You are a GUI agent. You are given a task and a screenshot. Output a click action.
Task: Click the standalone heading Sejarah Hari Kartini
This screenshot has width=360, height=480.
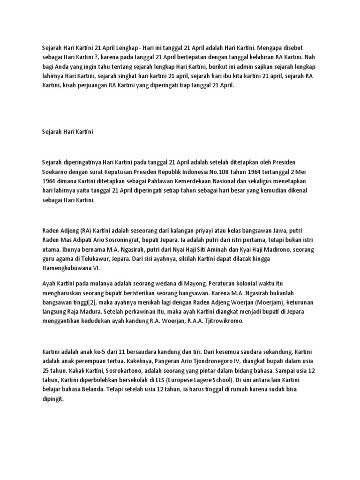pyautogui.click(x=67, y=133)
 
